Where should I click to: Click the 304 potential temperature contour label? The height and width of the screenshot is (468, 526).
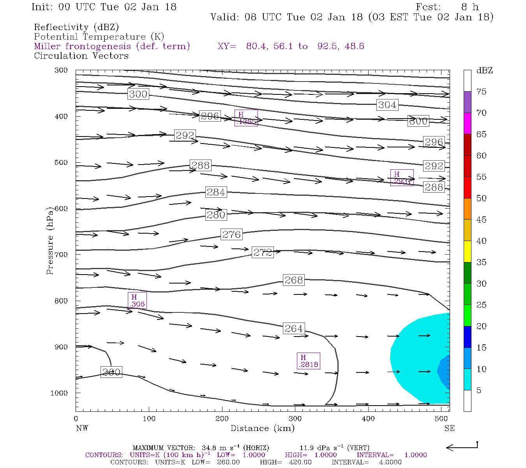387,105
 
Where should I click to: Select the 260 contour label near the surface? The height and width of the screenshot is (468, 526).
111,372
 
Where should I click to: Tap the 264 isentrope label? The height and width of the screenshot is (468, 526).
293,329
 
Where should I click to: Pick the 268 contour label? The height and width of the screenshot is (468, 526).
293,280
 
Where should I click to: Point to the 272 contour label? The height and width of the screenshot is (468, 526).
263,252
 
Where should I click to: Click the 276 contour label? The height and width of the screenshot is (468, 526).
231,234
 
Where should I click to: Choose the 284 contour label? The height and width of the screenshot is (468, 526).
216,192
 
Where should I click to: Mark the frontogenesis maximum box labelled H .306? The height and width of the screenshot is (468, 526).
137,301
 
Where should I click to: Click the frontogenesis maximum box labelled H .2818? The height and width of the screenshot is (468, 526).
308,361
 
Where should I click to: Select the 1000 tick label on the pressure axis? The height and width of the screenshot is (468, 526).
59,393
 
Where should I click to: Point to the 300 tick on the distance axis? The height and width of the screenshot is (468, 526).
295,419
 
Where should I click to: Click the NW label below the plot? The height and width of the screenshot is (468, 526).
82,428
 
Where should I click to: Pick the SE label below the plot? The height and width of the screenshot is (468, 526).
449,428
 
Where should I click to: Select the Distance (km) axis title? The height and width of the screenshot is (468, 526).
262,428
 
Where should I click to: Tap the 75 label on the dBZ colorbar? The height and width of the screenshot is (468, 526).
482,92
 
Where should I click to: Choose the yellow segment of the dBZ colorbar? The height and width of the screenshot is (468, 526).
467,252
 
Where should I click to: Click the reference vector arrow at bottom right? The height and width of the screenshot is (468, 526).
462,447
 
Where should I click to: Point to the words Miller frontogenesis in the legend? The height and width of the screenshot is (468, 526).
82,46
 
